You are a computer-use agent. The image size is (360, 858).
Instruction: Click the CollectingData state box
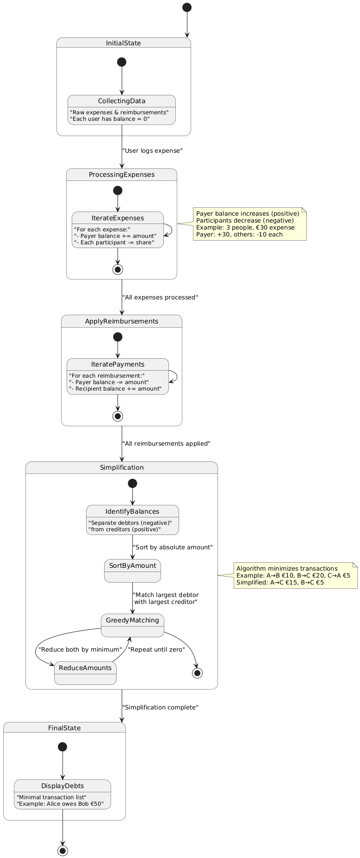click(x=121, y=110)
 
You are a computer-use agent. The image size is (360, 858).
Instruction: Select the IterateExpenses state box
click(x=118, y=230)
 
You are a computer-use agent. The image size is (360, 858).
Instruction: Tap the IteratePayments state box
click(x=118, y=376)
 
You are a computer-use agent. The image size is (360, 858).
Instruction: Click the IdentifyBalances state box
click(x=132, y=520)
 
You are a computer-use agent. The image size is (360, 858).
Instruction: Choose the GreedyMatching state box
click(x=132, y=625)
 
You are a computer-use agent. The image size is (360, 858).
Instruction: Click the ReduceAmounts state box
click(x=85, y=673)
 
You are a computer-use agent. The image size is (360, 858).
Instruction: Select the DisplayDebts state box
click(x=62, y=794)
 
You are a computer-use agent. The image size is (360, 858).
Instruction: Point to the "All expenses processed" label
click(x=160, y=297)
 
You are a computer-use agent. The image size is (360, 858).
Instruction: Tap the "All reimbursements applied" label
click(x=166, y=443)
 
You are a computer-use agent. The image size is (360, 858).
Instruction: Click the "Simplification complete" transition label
click(x=160, y=708)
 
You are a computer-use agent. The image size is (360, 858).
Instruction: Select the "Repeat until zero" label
click(x=156, y=649)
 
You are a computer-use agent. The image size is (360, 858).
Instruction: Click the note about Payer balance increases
click(x=249, y=224)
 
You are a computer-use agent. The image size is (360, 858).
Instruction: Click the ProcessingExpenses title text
click(x=122, y=174)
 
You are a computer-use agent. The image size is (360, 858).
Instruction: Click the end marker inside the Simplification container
click(x=198, y=673)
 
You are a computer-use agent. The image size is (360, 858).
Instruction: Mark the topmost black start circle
click(x=186, y=7)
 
